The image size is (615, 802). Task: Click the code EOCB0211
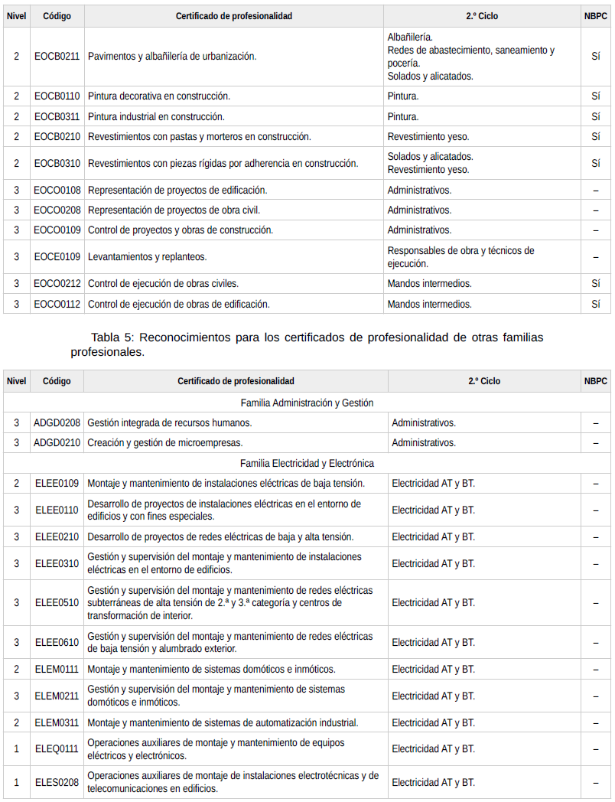[x=57, y=57]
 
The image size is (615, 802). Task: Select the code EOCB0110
[x=57, y=96]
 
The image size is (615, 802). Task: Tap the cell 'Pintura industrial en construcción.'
[x=156, y=116]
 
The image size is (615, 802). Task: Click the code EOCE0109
[x=57, y=257]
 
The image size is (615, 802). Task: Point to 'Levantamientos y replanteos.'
[x=148, y=257]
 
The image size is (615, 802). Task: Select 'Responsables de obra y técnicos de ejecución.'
[x=460, y=257]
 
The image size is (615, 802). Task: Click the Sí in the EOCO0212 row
[x=595, y=284]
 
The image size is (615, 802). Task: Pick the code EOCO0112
[x=57, y=304]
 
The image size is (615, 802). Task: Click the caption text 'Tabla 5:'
[x=112, y=337]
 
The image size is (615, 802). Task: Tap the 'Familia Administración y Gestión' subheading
[x=307, y=403]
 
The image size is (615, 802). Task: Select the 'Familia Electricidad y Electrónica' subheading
[x=307, y=463]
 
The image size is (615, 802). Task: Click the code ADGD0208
[x=57, y=422]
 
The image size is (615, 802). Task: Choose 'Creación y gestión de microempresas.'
[x=164, y=442]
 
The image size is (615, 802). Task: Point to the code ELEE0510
[x=57, y=603]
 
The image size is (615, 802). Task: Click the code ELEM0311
[x=57, y=722]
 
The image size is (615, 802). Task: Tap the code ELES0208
[x=57, y=783]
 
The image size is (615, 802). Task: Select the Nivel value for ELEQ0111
[x=16, y=749]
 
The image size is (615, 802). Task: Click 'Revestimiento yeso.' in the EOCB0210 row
[x=428, y=136]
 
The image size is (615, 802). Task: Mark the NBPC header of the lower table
[x=595, y=381]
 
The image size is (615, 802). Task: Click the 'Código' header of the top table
[x=57, y=16]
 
